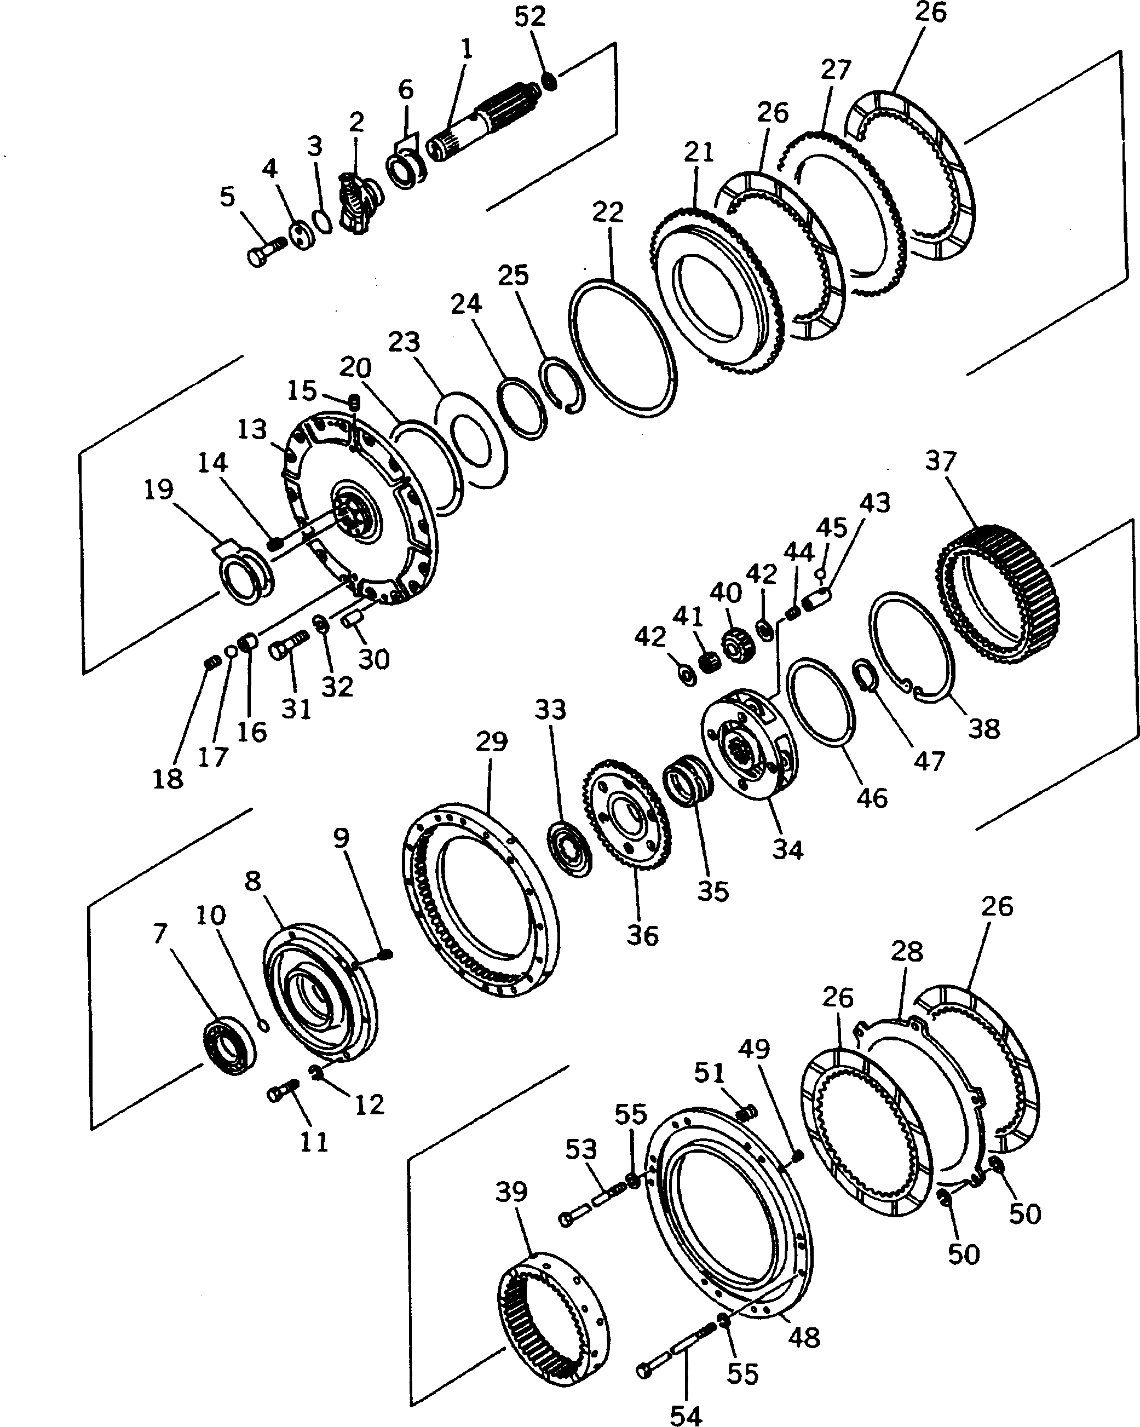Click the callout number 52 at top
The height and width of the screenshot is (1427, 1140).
pos(529,16)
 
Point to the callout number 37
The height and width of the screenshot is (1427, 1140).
pos(941,461)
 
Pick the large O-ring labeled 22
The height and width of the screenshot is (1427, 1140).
pos(623,348)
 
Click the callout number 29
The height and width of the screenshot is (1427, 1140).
pos(491,742)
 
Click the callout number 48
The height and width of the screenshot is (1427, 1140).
pos(804,1338)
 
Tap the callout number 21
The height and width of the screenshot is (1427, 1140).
pos(700,152)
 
